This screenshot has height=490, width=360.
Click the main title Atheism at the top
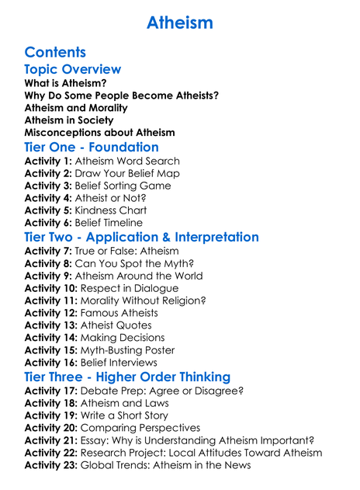(179, 23)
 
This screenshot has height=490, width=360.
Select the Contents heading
(55, 52)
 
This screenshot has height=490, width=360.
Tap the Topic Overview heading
(73, 69)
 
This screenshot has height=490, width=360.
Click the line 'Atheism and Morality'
(76, 108)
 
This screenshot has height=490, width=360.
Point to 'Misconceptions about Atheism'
(99, 133)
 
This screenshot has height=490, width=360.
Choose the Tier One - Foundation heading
(92, 148)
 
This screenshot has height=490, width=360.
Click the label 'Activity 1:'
(48, 162)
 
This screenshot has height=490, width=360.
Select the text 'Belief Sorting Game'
(123, 186)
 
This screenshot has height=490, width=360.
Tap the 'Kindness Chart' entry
(111, 211)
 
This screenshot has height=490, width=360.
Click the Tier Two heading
(141, 237)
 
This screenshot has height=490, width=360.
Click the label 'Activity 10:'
(51, 288)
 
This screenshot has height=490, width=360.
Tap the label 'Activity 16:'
(51, 363)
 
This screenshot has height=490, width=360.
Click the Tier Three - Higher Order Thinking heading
(127, 377)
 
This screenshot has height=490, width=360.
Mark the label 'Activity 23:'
(51, 465)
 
